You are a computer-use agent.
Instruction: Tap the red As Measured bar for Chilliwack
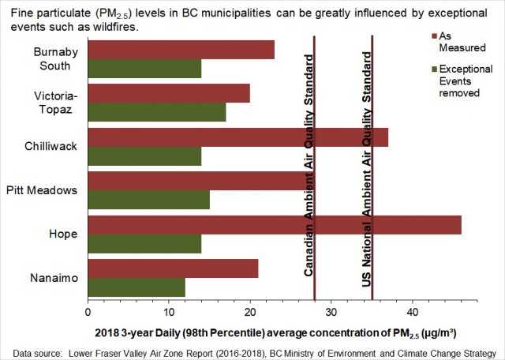coord(238,138)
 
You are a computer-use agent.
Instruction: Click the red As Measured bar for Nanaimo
coord(173,268)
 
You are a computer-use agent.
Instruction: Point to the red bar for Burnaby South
coord(181,50)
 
